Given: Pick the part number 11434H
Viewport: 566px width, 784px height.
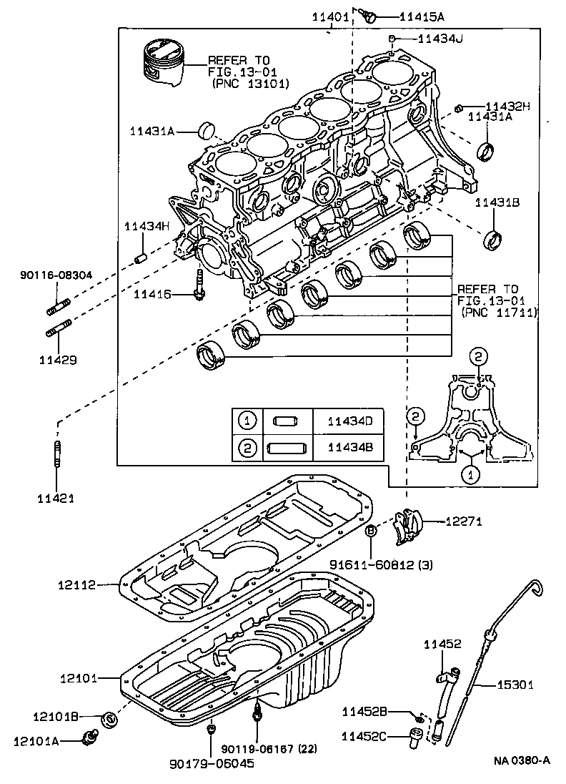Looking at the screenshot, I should click(147, 226).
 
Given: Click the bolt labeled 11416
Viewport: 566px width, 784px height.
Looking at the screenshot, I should click(199, 286).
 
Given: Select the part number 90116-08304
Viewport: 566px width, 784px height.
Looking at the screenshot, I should click(56, 275).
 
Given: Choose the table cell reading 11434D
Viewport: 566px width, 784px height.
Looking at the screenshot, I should click(349, 421).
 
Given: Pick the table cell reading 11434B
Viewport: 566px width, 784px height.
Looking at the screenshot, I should click(349, 448).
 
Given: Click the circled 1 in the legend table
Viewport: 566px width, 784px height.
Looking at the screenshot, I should click(247, 421).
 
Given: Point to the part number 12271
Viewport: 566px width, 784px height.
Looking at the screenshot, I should click(464, 521).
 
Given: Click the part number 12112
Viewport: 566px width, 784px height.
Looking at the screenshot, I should click(76, 585).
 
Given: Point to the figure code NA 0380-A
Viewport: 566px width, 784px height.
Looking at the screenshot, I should click(521, 760).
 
